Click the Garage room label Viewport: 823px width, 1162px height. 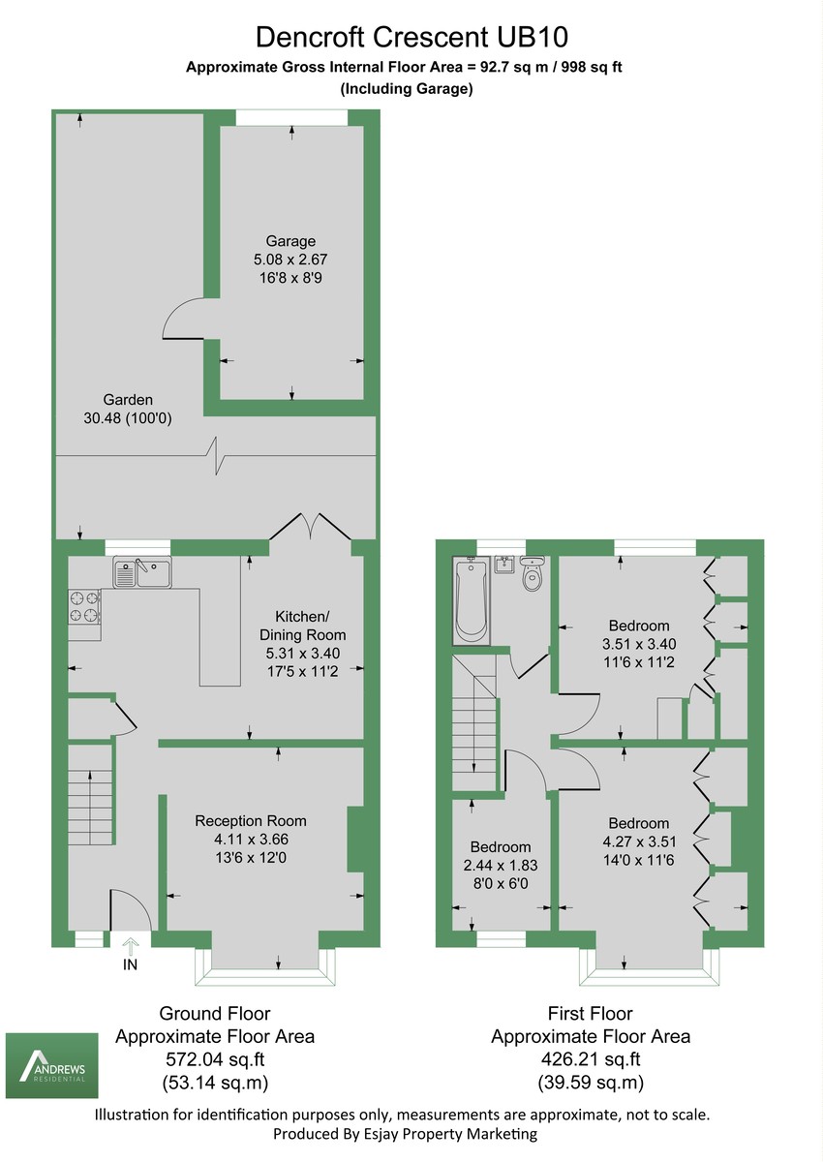(x=291, y=241)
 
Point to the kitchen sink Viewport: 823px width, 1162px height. (x=141, y=573)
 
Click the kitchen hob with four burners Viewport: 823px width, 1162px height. (x=83, y=606)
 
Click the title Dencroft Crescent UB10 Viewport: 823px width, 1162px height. (x=411, y=38)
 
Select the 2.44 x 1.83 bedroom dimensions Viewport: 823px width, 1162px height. (x=502, y=866)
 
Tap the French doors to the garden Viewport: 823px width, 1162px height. (x=310, y=526)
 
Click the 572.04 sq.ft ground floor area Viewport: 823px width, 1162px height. (x=215, y=1058)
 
